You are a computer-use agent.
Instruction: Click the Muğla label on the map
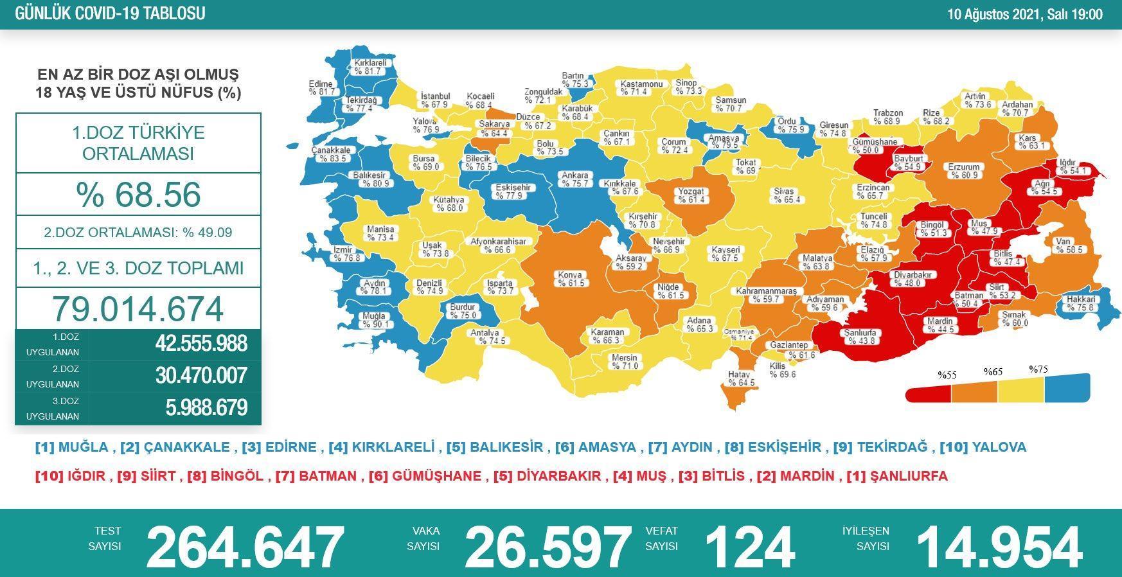(x=373, y=320)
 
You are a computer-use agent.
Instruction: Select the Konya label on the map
(x=571, y=279)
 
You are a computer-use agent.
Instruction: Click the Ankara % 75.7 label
(x=574, y=179)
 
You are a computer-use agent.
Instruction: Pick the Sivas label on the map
(x=784, y=195)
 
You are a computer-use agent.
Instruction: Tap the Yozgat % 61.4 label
(x=691, y=195)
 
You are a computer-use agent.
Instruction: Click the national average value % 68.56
(x=138, y=194)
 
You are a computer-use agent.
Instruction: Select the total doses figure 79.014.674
(x=138, y=308)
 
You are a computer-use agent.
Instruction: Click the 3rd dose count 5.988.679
(x=206, y=408)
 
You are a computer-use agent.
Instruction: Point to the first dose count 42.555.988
(x=200, y=344)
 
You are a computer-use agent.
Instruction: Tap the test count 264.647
(x=245, y=547)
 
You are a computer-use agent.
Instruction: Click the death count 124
(x=749, y=547)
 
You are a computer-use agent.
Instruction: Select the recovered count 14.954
(x=999, y=547)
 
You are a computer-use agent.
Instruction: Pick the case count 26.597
(x=548, y=547)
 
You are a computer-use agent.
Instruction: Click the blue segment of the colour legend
(x=1067, y=388)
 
